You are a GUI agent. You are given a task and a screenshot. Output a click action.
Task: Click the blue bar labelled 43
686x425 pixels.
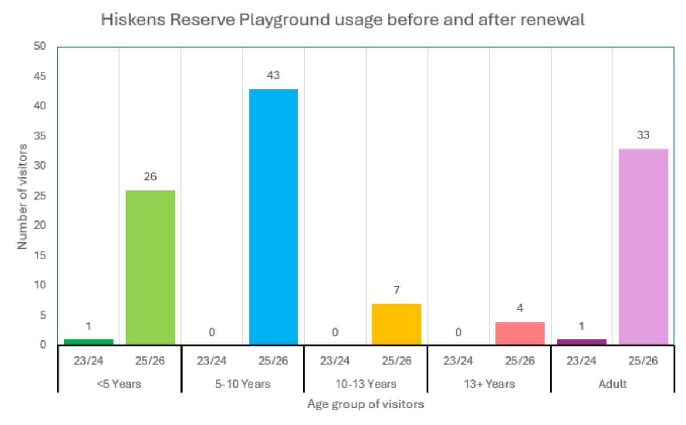click(273, 216)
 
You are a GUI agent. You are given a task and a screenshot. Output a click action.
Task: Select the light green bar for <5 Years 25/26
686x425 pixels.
click(150, 267)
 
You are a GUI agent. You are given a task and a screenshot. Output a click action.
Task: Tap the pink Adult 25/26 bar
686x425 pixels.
click(643, 246)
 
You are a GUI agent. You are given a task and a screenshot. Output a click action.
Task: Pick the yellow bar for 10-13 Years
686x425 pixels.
click(396, 324)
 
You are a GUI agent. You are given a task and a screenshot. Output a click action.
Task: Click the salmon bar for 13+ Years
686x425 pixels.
click(519, 333)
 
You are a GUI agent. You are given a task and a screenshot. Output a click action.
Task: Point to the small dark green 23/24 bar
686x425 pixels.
click(89, 342)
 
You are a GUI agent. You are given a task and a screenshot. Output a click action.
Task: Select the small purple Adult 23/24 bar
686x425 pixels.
click(581, 342)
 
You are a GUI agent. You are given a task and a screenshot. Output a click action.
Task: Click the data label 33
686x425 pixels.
click(643, 135)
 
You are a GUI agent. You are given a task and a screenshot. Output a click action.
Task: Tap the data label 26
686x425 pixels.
click(150, 177)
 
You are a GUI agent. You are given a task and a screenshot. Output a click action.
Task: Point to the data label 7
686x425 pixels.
click(396, 290)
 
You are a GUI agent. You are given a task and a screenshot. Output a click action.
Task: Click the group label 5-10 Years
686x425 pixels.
click(242, 384)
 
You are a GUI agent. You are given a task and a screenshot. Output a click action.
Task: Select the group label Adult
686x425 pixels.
click(612, 384)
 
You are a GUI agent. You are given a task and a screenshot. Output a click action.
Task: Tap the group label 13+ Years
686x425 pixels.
click(489, 384)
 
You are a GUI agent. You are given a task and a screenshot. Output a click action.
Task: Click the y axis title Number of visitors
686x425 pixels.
click(22, 196)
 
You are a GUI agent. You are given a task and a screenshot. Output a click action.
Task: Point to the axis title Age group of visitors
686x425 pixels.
click(365, 405)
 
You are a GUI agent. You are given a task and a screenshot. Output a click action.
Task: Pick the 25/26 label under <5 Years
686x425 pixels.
click(150, 361)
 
